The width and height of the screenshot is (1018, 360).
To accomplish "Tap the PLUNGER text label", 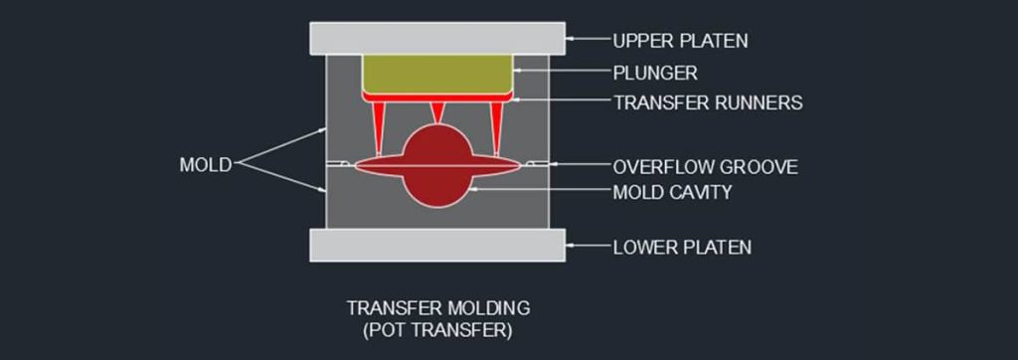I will click(655, 73).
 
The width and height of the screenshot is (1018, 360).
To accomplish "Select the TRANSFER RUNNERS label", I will click(708, 102).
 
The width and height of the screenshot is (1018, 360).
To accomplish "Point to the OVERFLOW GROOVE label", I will click(705, 166).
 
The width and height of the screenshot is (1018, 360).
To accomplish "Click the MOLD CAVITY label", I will click(672, 191).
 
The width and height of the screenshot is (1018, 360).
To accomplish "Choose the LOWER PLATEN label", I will click(681, 247).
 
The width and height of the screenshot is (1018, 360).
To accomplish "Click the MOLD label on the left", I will click(205, 164).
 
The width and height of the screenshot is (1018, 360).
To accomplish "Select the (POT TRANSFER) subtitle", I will click(437, 328).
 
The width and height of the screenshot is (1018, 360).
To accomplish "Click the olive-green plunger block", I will click(438, 72).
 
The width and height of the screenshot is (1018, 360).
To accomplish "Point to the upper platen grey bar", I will click(438, 38).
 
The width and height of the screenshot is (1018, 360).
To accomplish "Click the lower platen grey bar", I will click(438, 245).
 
